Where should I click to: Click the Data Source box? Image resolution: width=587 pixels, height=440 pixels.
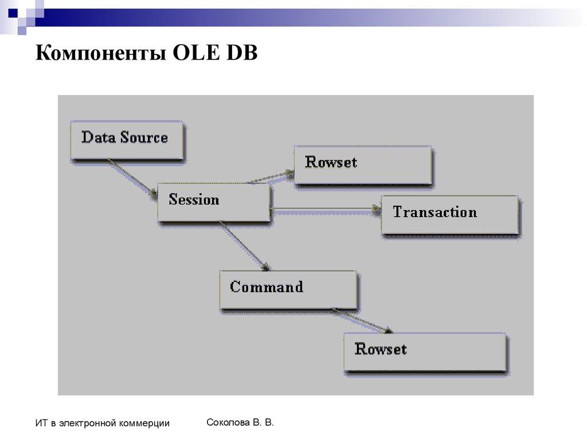coord(127,139)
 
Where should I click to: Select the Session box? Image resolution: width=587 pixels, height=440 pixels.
coord(214,202)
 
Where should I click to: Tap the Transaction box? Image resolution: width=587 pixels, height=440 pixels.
coord(449,214)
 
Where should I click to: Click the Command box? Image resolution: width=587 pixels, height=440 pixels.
coord(288,290)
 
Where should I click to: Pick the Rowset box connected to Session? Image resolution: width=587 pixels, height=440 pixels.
coord(362,164)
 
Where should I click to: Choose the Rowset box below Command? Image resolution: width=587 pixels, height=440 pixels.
coord(425,352)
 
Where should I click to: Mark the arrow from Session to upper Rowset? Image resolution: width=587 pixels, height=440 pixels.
coord(269,177)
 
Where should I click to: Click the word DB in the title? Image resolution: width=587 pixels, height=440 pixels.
coord(242,54)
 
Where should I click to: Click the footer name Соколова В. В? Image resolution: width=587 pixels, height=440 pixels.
coord(240,422)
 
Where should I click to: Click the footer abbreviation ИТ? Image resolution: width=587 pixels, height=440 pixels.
coord(41,423)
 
